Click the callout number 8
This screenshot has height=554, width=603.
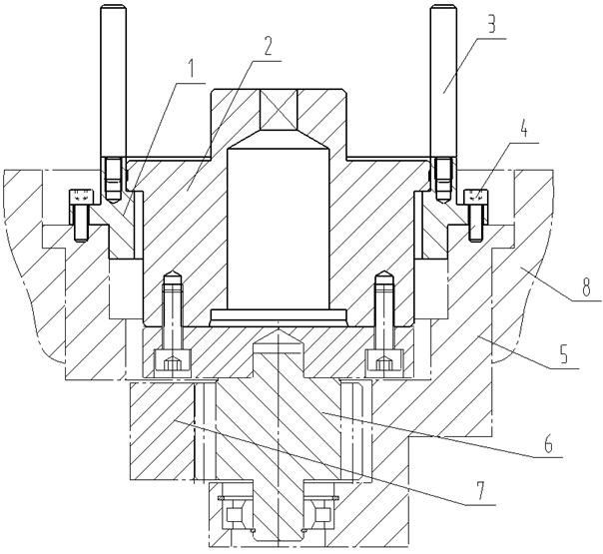click(x=586, y=286)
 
